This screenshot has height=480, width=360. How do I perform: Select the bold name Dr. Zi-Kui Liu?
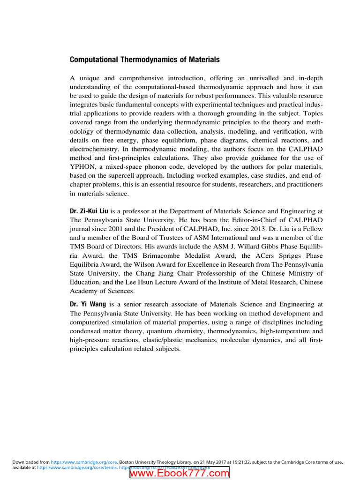click(x=89, y=211)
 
